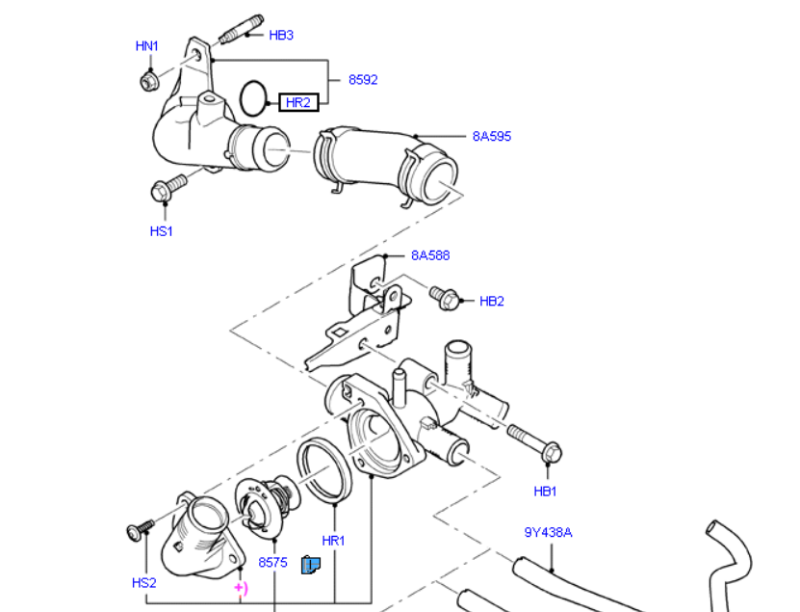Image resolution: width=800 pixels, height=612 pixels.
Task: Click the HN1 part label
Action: coord(146,45)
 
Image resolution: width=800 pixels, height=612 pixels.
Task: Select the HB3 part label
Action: coord(281,36)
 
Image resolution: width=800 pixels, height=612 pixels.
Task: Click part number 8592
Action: coord(362,80)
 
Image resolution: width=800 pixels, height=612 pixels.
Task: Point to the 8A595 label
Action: coord(491,136)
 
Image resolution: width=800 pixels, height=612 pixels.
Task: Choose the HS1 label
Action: coord(161,231)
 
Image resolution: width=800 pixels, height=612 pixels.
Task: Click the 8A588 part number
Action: coord(430,255)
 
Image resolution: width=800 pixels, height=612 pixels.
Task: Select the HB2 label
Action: coord(492,301)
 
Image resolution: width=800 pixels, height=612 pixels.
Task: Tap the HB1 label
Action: coord(546,492)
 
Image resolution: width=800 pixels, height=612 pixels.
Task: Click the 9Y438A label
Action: coord(549,531)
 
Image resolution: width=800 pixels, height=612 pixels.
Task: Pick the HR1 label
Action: coord(333,541)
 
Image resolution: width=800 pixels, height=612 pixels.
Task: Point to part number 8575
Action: coord(272,562)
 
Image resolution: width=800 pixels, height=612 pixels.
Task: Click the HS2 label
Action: coord(143,582)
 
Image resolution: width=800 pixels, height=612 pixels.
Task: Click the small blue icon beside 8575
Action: coord(311,565)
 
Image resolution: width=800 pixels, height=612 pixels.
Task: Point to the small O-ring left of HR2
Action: coord(253,96)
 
